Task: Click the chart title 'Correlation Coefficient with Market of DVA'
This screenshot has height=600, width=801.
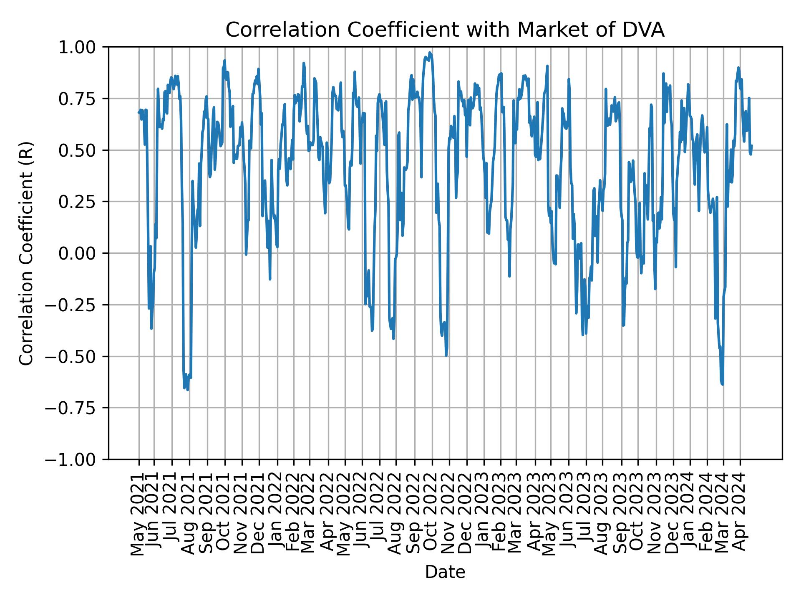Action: point(445,30)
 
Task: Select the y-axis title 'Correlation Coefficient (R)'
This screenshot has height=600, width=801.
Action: point(26,253)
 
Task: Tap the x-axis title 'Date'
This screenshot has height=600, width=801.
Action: point(445,572)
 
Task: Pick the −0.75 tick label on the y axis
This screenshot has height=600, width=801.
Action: point(77,408)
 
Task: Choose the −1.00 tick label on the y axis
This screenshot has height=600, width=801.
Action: point(77,460)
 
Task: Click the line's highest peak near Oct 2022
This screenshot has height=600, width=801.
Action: point(430,53)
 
